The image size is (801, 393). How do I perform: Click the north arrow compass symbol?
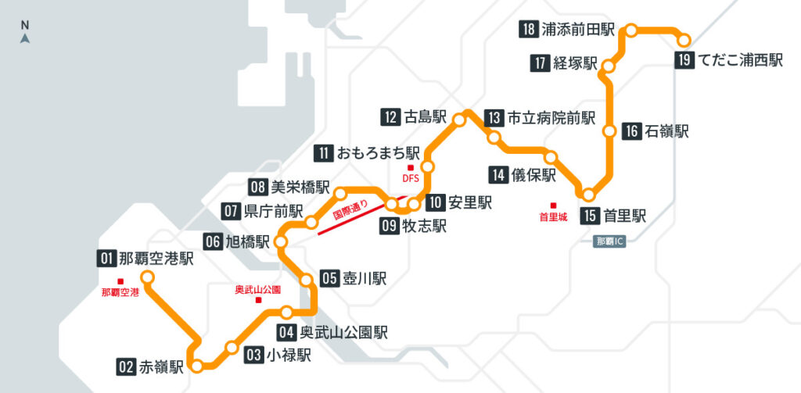click(25, 37)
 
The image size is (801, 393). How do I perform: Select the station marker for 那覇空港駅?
click(146, 277)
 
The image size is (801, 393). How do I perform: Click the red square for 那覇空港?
click(120, 281)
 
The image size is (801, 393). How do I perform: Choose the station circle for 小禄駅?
click(232, 347)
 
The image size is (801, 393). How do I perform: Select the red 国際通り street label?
click(351, 215)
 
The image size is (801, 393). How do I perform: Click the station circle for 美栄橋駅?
click(340, 192)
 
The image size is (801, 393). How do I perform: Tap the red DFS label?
click(411, 178)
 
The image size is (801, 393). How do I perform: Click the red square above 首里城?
click(553, 205)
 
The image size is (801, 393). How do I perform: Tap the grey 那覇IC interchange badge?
click(610, 241)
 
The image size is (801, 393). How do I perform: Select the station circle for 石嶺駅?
click(609, 132)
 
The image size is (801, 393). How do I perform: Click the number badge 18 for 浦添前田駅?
click(528, 30)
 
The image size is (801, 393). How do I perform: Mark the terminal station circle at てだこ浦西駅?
click(684, 40)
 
